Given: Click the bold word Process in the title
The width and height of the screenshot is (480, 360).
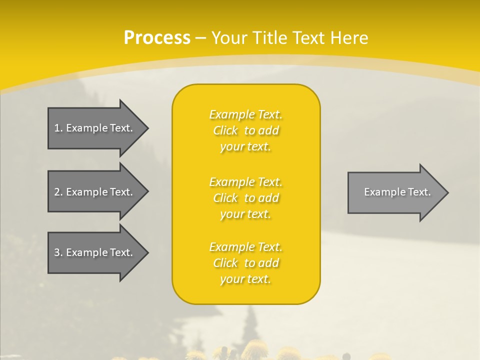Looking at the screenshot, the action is [157, 38].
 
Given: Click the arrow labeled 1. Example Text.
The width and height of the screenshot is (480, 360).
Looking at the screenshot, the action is [95, 128].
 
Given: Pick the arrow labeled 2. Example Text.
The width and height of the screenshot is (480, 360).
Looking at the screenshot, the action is [95, 192].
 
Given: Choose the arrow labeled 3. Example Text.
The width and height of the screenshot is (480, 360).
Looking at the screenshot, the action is [95, 252].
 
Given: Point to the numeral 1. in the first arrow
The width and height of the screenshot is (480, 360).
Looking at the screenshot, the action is [58, 128].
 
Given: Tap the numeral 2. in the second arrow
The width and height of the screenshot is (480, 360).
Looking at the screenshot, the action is [58, 192].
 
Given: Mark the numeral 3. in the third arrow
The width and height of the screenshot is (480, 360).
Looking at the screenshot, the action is [58, 252].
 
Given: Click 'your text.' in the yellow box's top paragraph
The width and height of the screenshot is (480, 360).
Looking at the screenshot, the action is [245, 147].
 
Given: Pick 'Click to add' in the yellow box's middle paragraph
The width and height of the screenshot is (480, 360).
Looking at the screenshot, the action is [245, 198].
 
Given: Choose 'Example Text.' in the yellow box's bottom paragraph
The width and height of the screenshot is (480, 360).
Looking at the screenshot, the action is [245, 247].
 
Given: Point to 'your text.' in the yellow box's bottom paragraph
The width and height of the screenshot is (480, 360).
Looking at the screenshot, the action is [245, 279].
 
